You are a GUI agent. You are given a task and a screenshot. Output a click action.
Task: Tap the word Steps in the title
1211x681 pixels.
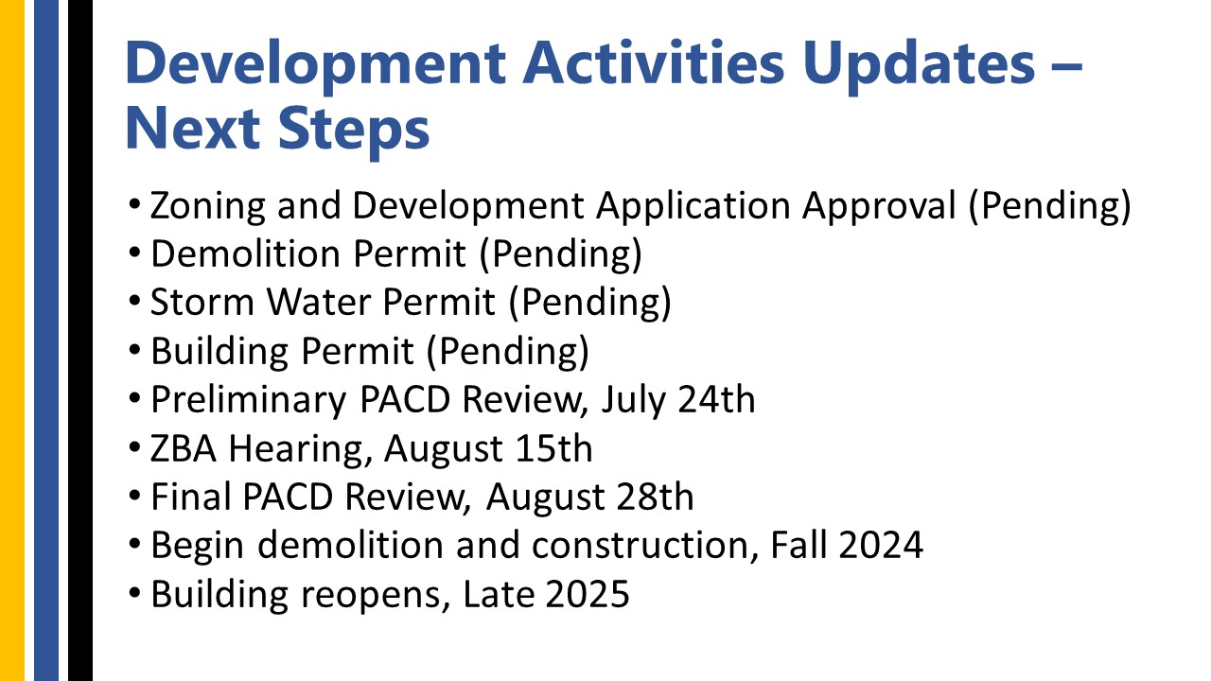pos(354,130)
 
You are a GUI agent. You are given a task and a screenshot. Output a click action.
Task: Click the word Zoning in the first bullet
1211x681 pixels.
pos(208,206)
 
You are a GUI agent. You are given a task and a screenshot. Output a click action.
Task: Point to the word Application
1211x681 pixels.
pos(693,206)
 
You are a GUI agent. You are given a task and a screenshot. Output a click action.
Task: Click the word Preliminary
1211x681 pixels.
pos(249,400)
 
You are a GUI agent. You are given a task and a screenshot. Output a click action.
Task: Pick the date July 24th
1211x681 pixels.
pos(679,400)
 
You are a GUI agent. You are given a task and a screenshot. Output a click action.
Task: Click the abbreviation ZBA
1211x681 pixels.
pos(184,448)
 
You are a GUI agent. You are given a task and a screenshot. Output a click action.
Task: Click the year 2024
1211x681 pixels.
pos(881,545)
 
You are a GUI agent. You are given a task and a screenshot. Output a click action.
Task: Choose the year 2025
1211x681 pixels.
pos(588,594)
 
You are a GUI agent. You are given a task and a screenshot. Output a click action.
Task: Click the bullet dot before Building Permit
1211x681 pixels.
pos(134,350)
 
